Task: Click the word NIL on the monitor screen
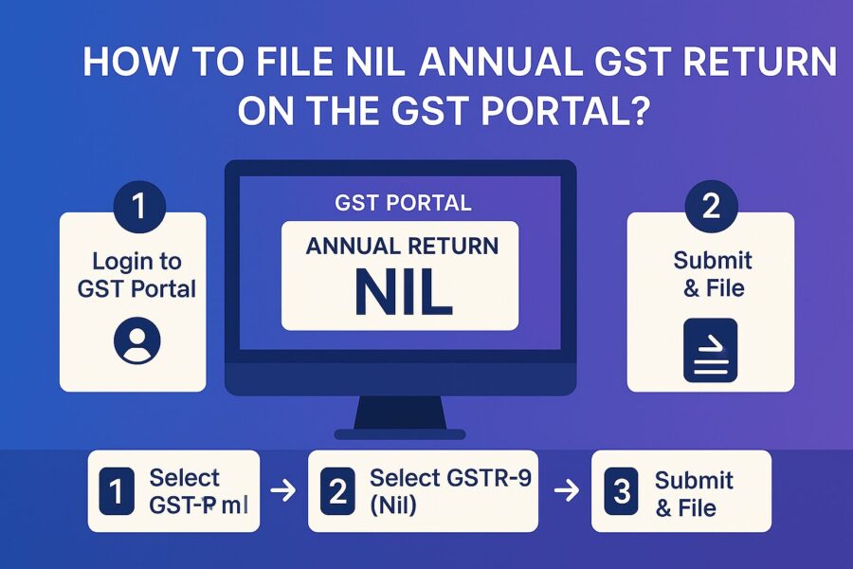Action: pos(401,293)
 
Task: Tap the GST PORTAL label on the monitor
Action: pos(403,203)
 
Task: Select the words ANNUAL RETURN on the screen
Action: pos(402,246)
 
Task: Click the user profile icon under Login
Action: pos(136,340)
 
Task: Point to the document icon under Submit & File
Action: pos(710,350)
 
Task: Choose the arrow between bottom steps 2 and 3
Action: pos(566,491)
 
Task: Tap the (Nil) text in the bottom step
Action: pos(393,505)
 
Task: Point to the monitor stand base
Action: pos(399,433)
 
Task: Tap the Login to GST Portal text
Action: pos(136,275)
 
